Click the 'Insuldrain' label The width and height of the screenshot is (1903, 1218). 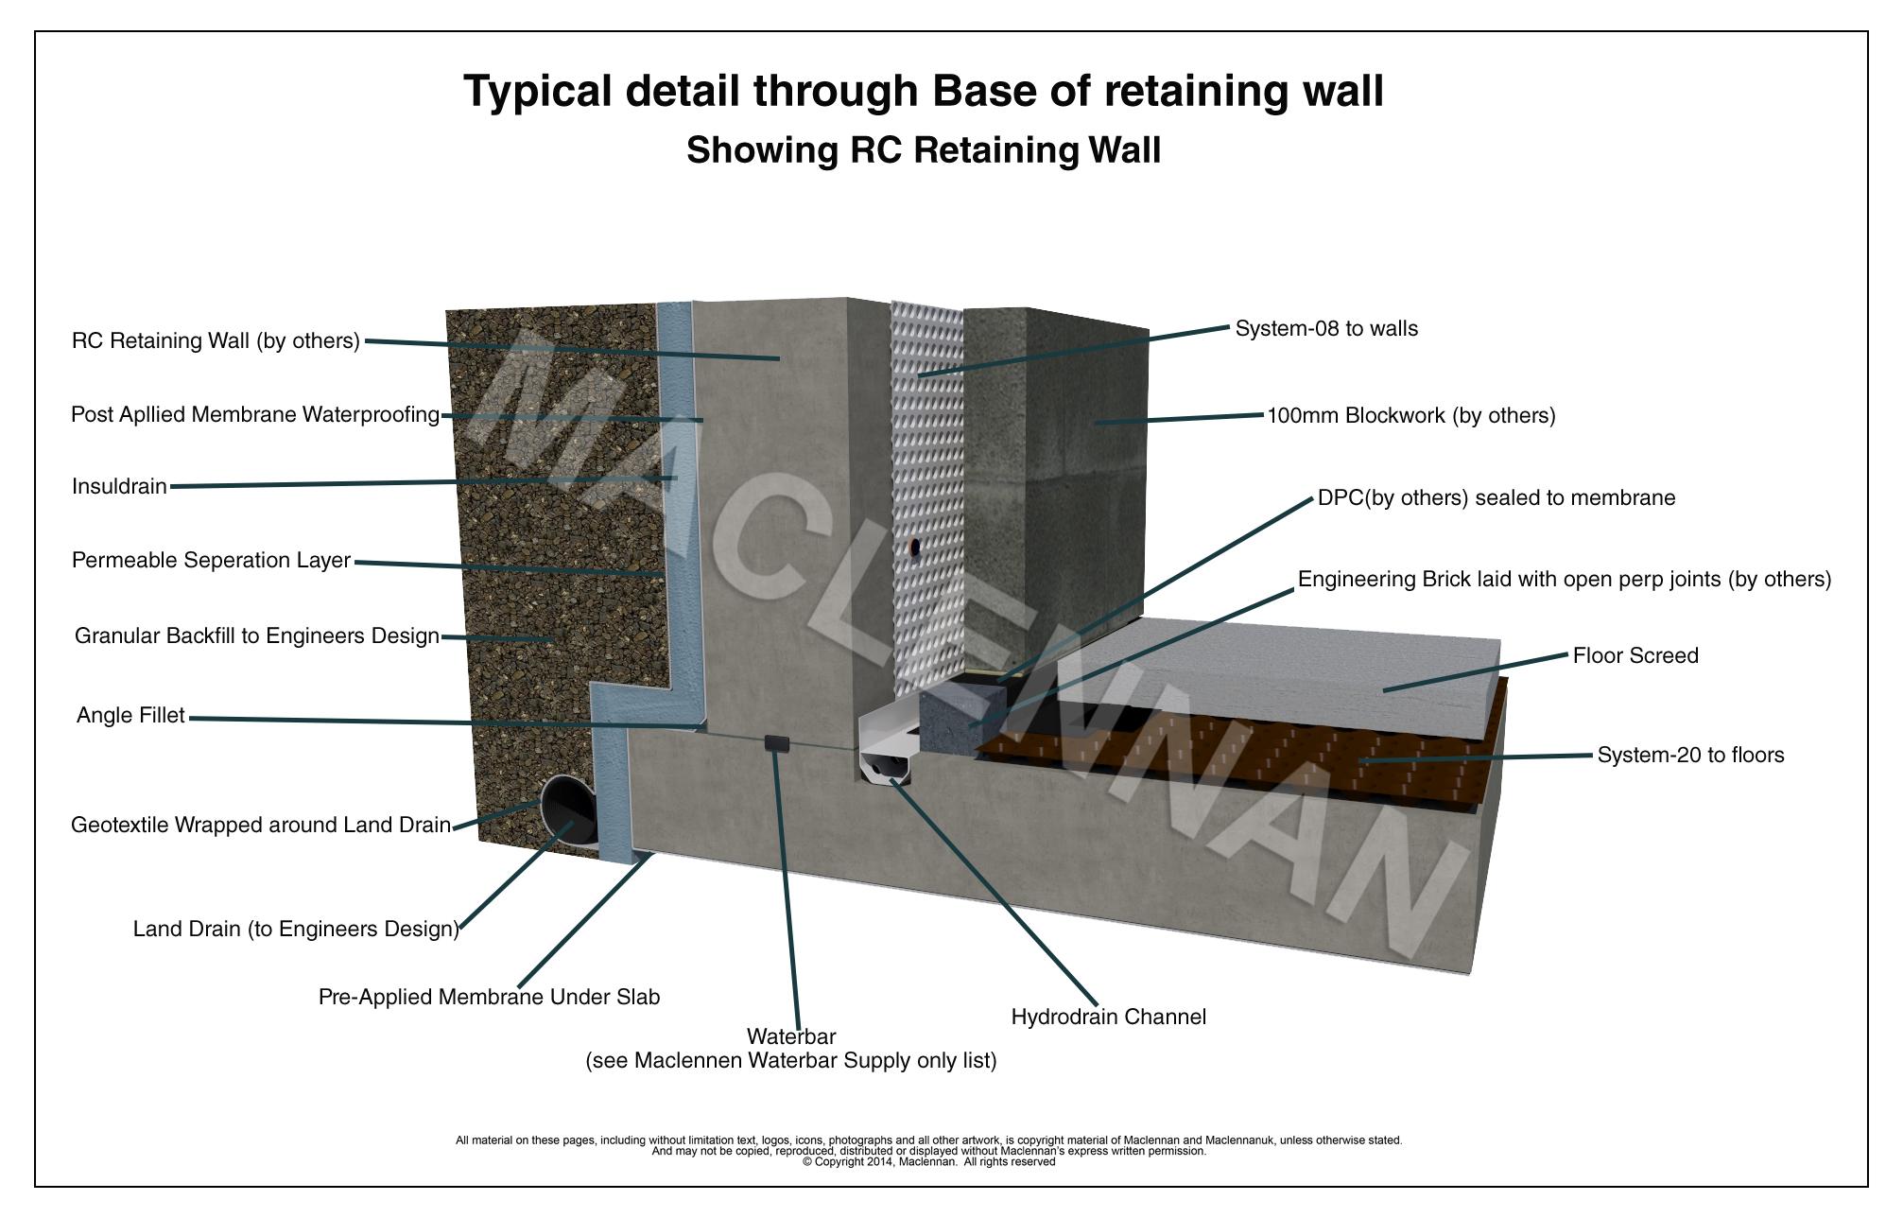[x=119, y=487]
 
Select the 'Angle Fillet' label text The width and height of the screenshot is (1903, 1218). [x=130, y=716]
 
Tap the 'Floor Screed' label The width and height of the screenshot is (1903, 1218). [x=1635, y=656]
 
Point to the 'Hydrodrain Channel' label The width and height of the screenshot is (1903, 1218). [x=1108, y=1018]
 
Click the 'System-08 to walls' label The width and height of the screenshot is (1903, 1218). [x=1326, y=329]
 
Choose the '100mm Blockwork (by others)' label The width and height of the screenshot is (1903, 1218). [x=1410, y=416]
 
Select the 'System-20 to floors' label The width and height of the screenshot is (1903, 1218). [x=1690, y=756]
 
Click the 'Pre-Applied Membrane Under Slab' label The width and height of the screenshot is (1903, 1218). [x=489, y=998]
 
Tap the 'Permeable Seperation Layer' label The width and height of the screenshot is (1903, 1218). [x=211, y=561]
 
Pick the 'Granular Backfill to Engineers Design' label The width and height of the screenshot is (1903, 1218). [x=256, y=636]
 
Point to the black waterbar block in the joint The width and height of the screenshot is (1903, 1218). [x=778, y=743]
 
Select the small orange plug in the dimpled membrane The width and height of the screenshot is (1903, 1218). [x=913, y=547]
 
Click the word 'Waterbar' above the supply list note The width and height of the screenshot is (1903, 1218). [x=791, y=1037]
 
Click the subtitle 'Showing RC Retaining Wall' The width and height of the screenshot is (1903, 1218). [x=924, y=151]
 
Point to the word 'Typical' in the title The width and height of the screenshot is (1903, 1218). [x=536, y=93]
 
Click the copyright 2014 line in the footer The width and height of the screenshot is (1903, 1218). [x=928, y=1162]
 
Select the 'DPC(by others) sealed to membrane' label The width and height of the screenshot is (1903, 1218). [x=1496, y=498]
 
